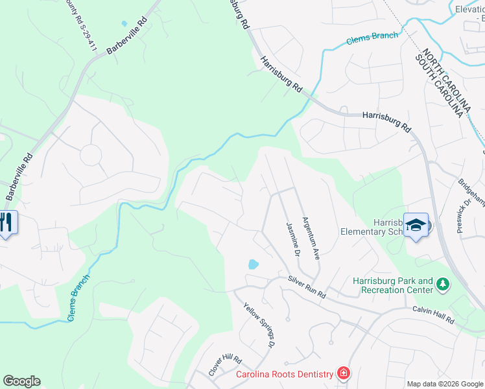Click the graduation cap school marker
pos(416,224)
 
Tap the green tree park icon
pos(444,284)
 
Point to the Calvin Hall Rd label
pos(434,314)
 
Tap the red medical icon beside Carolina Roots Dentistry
pos(342,373)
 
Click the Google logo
pos(21,381)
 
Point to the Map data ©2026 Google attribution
pos(444,384)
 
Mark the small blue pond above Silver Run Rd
pos(253,265)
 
